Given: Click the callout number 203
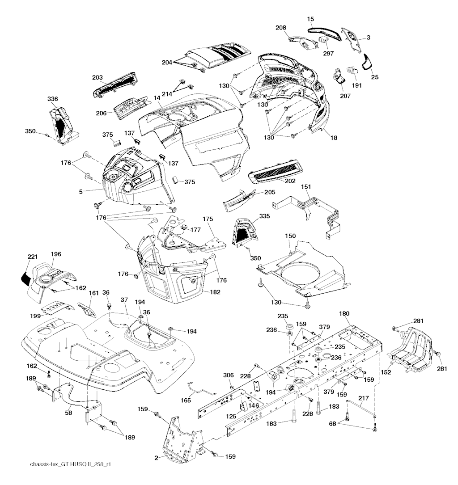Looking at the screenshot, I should point(98,77).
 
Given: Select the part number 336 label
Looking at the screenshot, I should point(53,98).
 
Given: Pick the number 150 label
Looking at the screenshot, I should point(291,235).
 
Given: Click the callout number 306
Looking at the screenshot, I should point(228,375).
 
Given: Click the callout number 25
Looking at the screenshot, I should point(375,77).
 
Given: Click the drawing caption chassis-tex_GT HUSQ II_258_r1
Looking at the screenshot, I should point(68,465).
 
